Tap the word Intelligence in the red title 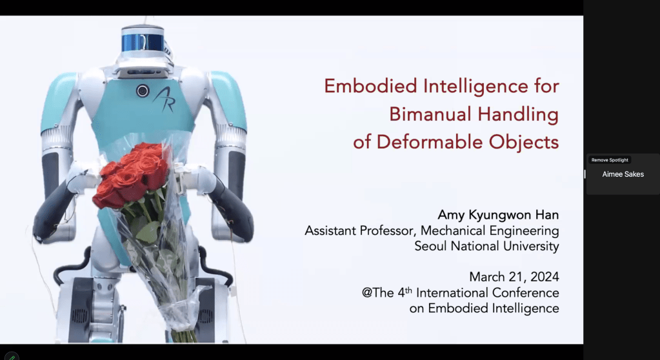(475, 86)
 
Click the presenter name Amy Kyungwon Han (498, 215)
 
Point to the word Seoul (430, 246)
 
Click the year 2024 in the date (545, 277)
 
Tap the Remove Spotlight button (610, 160)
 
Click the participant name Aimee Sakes (623, 174)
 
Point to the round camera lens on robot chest (143, 90)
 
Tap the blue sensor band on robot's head (143, 43)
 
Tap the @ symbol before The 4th (367, 293)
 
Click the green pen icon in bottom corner (12, 357)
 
